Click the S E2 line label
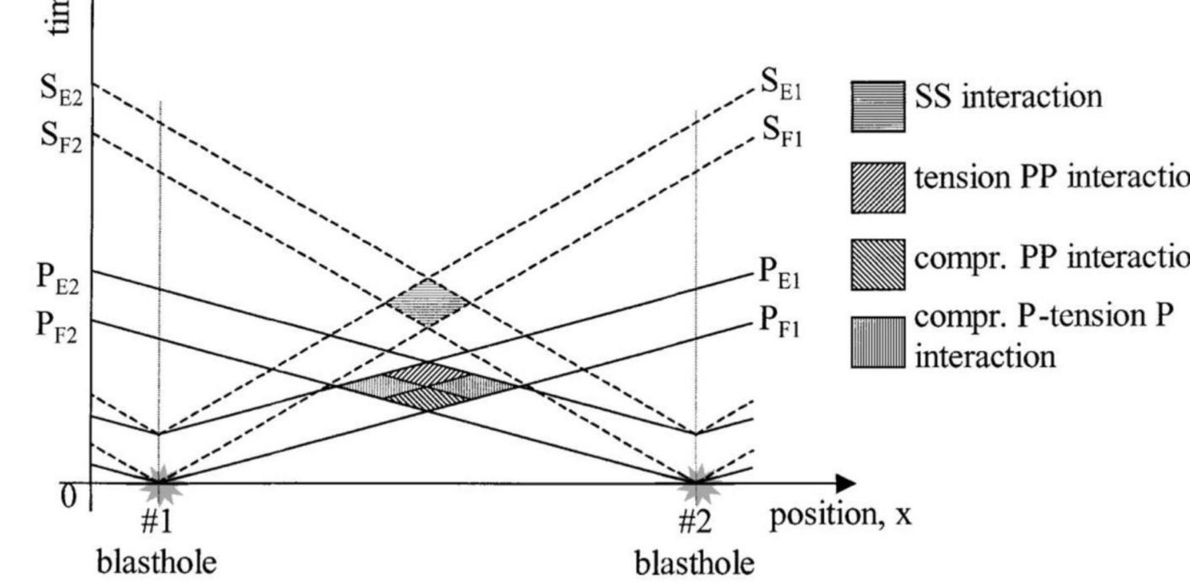click(x=61, y=91)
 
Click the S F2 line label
click(x=61, y=138)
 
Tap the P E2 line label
click(x=58, y=278)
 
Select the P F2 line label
click(x=57, y=327)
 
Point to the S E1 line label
click(x=781, y=85)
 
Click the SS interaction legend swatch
click(x=878, y=107)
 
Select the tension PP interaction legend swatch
click(x=878, y=188)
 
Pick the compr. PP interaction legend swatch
click(x=878, y=265)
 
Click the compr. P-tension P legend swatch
click(x=878, y=342)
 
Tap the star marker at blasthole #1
click(x=161, y=483)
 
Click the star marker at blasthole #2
click(x=697, y=483)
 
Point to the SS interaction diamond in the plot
click(x=428, y=302)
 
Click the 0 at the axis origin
click(x=69, y=497)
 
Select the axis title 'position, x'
click(x=840, y=516)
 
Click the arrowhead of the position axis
click(x=846, y=483)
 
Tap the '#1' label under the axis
click(x=157, y=521)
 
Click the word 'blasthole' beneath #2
click(x=694, y=563)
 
